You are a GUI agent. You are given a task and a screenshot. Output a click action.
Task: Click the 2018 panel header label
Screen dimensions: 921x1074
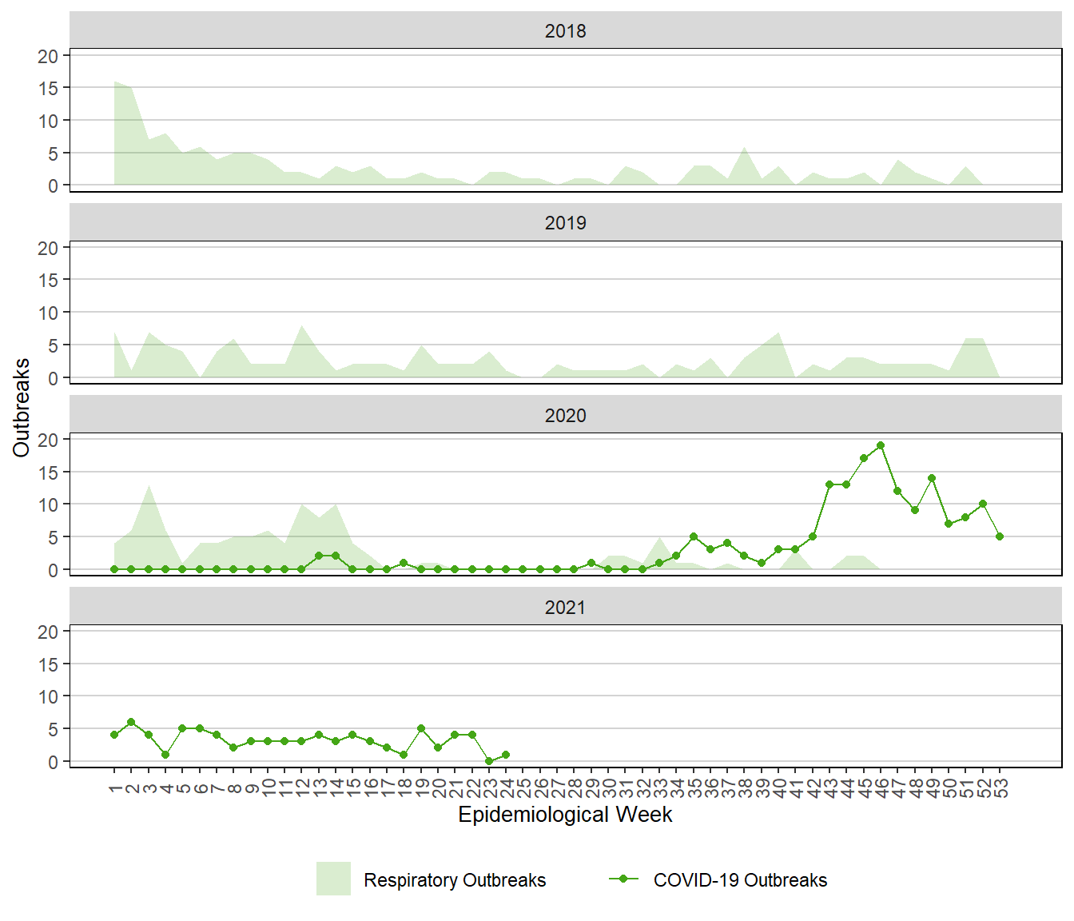565,31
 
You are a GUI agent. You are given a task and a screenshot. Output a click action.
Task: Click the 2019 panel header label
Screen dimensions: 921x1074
565,223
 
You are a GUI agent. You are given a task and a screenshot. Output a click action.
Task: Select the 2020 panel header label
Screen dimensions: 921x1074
565,416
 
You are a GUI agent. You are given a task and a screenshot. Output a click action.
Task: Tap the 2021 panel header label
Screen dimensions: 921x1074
565,608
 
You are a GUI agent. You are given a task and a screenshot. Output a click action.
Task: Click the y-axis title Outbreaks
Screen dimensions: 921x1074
22,408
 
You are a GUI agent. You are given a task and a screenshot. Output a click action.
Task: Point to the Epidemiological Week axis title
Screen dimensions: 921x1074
565,815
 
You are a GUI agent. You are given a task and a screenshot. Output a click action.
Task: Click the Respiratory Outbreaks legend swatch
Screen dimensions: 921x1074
333,879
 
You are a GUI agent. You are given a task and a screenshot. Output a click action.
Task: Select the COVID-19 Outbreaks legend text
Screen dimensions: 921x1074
740,880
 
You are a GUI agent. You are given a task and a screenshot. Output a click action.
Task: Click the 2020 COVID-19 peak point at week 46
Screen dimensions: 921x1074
881,445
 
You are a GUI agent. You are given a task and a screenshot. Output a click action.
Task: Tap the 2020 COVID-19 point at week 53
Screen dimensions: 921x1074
1000,536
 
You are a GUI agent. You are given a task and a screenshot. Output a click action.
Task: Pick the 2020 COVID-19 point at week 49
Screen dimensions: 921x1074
932,478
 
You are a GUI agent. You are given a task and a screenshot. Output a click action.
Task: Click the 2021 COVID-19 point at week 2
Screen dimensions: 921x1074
131,722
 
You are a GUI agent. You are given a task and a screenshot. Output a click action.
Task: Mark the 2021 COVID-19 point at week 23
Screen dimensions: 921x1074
489,761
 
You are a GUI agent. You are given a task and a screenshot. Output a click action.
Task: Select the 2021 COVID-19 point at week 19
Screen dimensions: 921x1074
421,728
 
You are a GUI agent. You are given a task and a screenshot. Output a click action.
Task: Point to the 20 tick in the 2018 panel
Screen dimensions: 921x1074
48,56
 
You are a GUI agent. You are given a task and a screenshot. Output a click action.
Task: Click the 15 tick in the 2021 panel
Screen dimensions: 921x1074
48,664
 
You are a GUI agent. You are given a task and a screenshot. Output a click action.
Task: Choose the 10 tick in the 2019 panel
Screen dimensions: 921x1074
48,313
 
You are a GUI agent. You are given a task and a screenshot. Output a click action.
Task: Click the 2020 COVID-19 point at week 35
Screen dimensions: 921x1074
694,536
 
